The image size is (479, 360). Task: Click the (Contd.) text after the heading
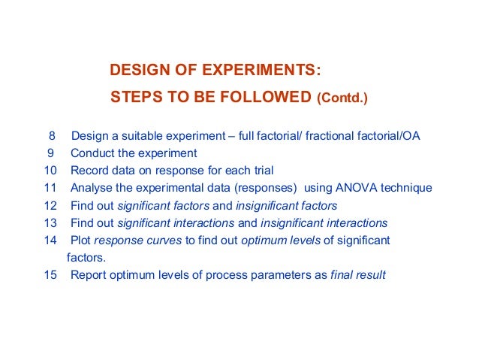click(342, 98)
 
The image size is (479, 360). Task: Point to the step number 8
click(52, 136)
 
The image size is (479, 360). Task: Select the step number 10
click(50, 171)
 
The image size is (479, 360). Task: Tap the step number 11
click(50, 188)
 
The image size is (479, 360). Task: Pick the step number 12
click(50, 205)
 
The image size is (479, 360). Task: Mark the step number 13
click(50, 222)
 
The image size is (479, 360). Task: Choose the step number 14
click(50, 240)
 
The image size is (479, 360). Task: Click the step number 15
click(50, 274)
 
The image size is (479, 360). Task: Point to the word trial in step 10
click(260, 171)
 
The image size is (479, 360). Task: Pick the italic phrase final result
click(358, 274)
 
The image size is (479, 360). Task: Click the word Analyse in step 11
click(92, 188)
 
